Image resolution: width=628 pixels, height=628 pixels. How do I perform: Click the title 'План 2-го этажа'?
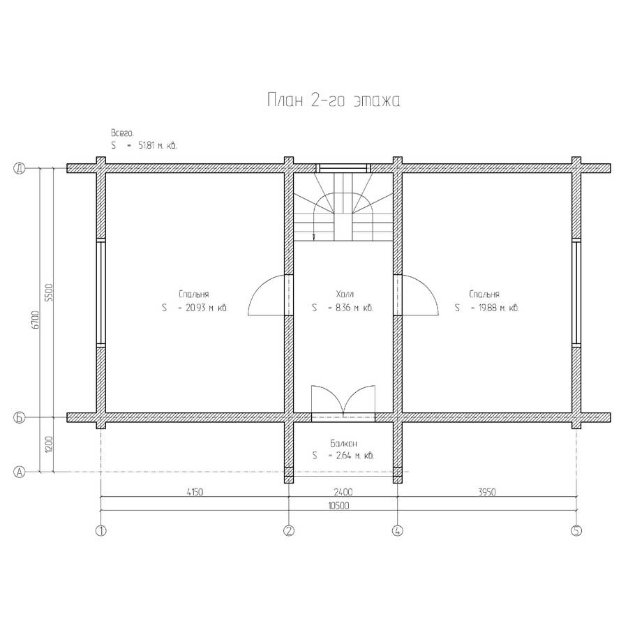[x=334, y=100]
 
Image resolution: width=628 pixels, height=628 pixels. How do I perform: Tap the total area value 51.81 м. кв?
[x=158, y=145]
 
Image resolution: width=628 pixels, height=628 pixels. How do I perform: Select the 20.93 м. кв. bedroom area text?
[x=207, y=308]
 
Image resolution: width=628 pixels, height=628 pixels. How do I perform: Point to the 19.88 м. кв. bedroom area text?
[x=499, y=308]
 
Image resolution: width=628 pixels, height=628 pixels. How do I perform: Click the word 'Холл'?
[x=345, y=294]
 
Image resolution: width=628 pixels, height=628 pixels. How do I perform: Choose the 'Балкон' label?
[x=343, y=443]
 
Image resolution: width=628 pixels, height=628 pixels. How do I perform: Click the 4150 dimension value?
[x=195, y=491]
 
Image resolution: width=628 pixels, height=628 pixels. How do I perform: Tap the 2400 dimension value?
[x=343, y=491]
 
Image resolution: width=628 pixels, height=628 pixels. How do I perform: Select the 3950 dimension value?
[x=487, y=491]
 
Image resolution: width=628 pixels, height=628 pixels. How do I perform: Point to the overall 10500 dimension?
[x=339, y=505]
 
